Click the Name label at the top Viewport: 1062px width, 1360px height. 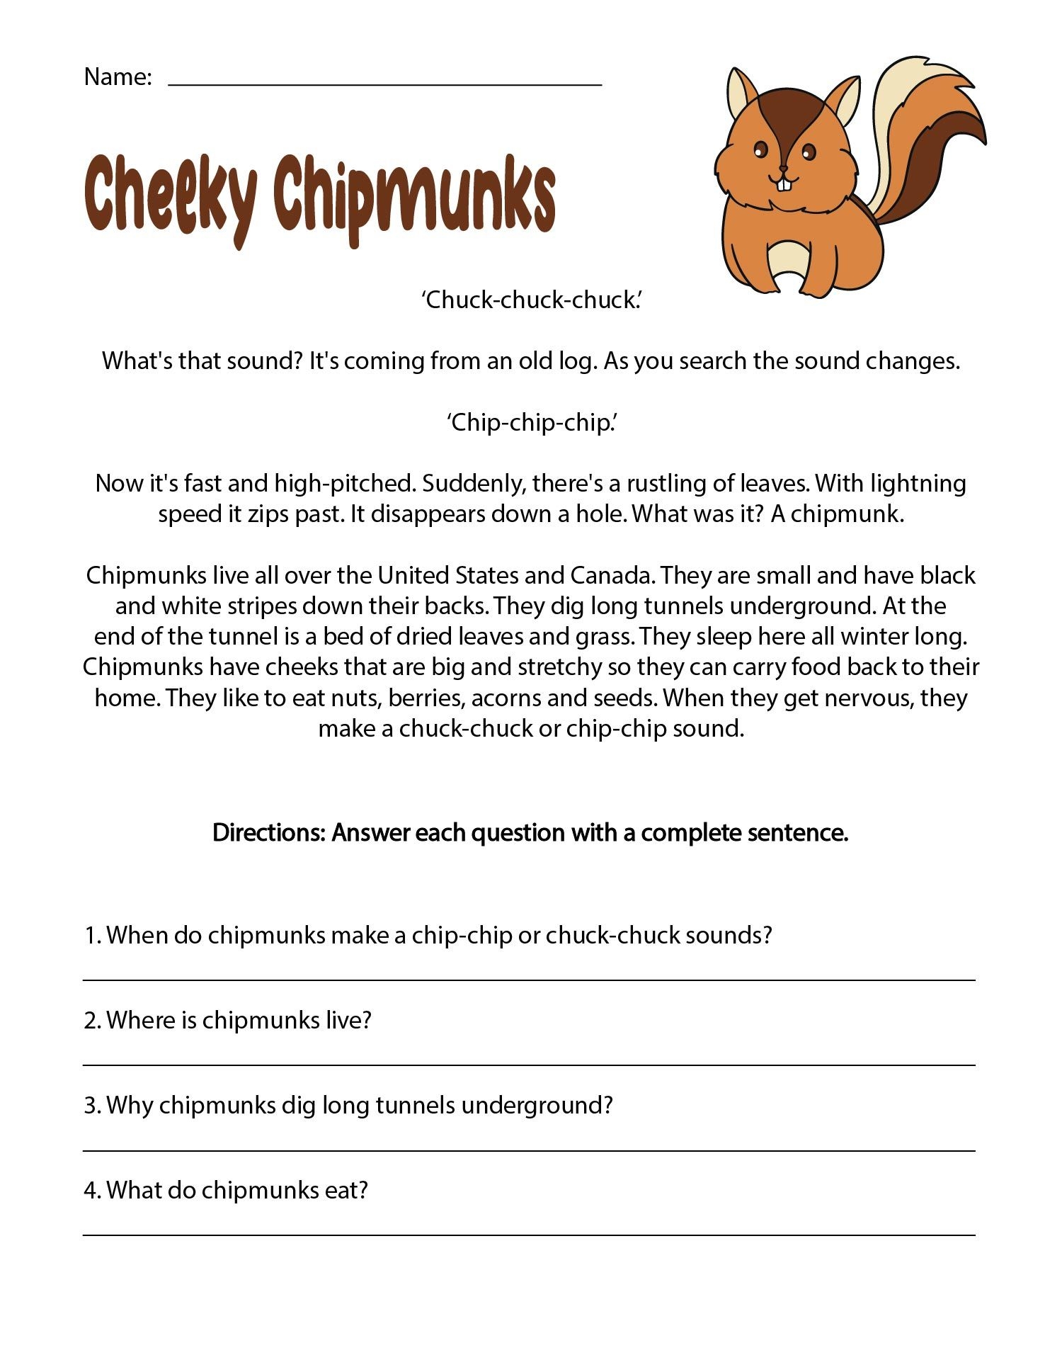(x=118, y=76)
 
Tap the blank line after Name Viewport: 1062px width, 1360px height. (x=384, y=83)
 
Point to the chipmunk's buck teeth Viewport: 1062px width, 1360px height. (x=783, y=183)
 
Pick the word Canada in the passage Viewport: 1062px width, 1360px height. (x=612, y=575)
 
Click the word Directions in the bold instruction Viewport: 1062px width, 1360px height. (x=268, y=832)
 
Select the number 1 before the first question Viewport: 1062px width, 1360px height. (x=90, y=936)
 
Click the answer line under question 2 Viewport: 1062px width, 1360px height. (x=529, y=1065)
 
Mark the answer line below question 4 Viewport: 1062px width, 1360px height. (x=529, y=1235)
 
